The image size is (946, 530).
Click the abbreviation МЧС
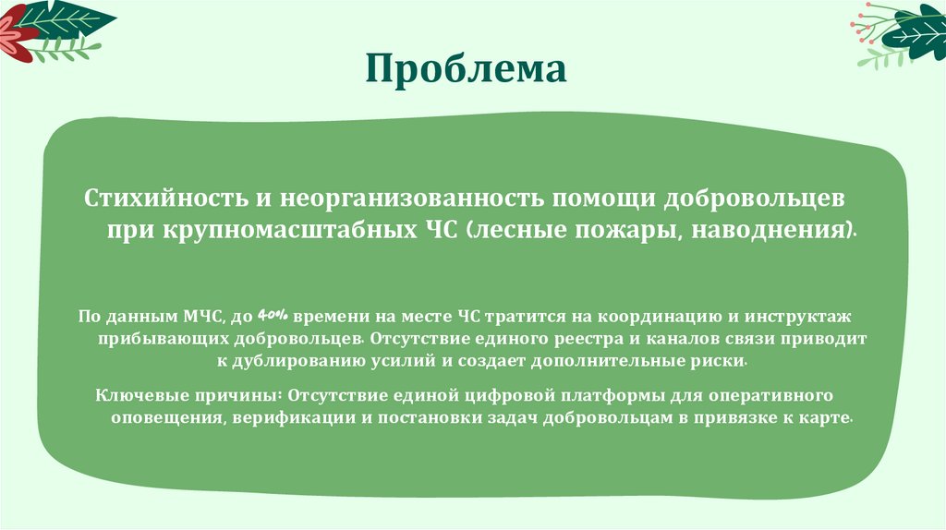(x=200, y=316)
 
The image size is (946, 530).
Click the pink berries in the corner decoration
(x=868, y=28)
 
